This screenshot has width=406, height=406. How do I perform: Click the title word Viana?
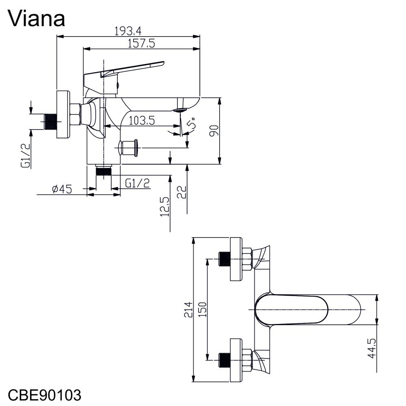(x=36, y=19)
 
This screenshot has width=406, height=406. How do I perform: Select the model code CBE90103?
(x=45, y=395)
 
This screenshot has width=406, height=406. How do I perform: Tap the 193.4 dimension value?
(x=128, y=31)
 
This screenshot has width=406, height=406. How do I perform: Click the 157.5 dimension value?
(x=141, y=43)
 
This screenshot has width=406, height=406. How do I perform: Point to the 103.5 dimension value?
(x=142, y=121)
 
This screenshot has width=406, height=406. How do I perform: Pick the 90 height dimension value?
(x=214, y=130)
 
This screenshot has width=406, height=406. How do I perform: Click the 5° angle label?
(x=192, y=124)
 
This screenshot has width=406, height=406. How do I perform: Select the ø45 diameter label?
(x=62, y=189)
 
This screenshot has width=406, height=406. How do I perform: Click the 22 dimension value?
(x=181, y=192)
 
